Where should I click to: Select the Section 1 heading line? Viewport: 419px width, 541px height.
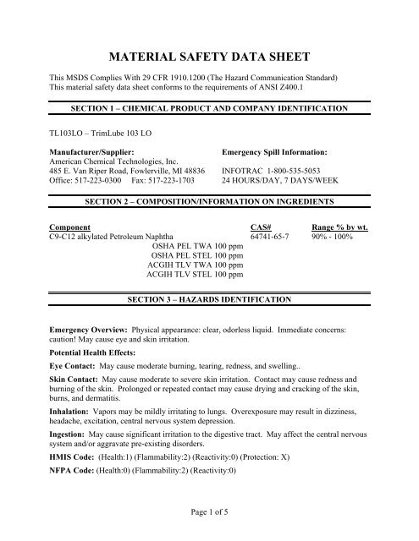(209, 110)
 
